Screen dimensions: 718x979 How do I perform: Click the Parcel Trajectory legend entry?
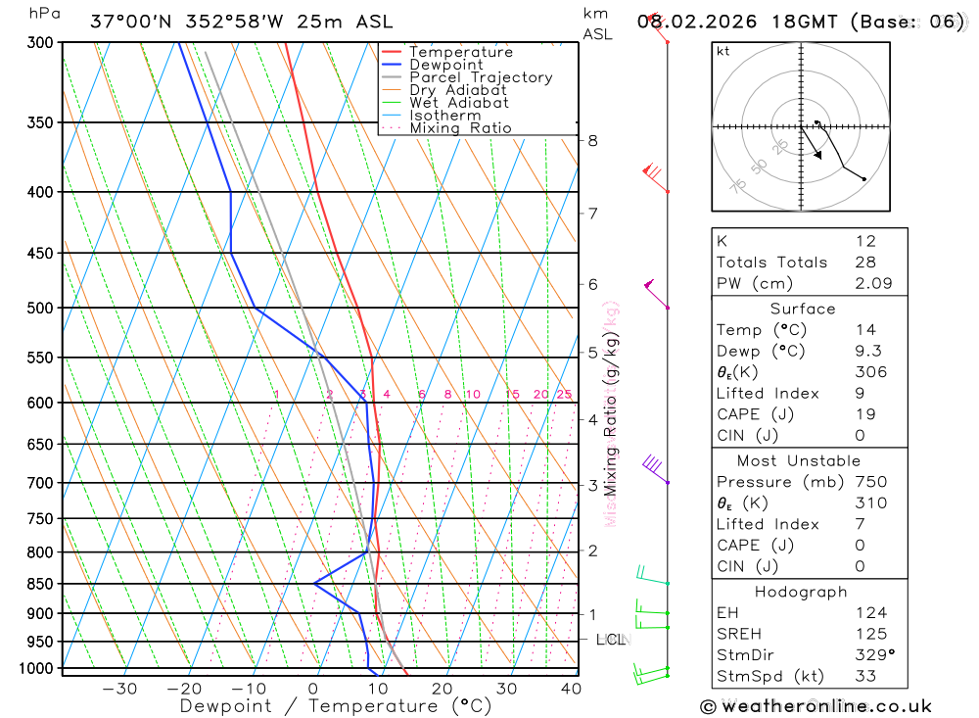(481, 77)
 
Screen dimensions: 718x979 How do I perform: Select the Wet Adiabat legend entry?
(458, 103)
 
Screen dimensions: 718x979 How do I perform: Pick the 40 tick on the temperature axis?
(571, 689)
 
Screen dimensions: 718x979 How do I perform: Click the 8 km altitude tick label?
(592, 140)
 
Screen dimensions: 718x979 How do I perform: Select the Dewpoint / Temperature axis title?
(335, 705)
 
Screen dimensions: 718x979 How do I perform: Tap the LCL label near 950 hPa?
(611, 640)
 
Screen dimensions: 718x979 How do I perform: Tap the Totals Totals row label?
(771, 263)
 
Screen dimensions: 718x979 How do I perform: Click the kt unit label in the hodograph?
(723, 51)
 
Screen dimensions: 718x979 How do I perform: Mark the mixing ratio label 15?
(512, 395)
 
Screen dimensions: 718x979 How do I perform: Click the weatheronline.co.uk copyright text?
(816, 706)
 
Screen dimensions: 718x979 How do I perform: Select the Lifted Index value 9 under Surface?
(858, 393)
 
